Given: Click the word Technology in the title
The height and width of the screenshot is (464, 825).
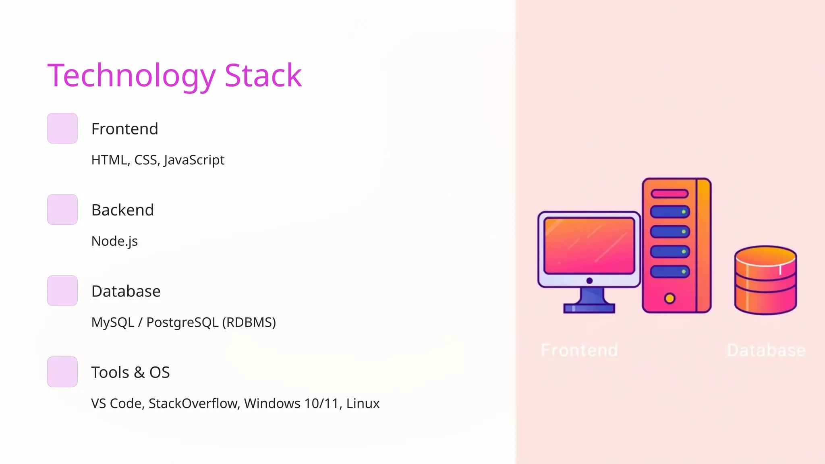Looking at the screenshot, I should coord(131,76).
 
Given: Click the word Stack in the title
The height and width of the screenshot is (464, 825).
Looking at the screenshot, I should coord(263,76).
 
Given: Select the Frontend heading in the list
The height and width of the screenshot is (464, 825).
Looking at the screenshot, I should coord(124,129).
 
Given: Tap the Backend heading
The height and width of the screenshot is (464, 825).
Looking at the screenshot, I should coord(122,210).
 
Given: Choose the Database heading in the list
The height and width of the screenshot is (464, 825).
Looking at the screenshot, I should coord(126,291).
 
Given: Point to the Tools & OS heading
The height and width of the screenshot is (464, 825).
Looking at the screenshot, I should coord(130,373).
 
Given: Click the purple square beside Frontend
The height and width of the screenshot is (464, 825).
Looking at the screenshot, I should coord(62,128).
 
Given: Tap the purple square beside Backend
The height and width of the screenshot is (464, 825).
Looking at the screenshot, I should coord(62,209).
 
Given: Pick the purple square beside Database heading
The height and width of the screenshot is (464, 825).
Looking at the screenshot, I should coord(62,291).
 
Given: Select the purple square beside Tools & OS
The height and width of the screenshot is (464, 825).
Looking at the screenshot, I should coord(62,372).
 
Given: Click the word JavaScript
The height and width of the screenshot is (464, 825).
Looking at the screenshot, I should coord(194,160).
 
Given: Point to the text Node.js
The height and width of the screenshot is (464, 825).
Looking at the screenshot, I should coord(114,241).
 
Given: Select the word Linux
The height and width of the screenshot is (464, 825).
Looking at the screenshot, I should coord(363,404).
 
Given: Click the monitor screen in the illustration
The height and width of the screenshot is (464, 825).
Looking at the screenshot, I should coord(589,246).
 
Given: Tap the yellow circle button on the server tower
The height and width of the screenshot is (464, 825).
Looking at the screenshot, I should coord(670,298).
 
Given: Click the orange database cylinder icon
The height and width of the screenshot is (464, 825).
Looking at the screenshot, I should coord(765,280).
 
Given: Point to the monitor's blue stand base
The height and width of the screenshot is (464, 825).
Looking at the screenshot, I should coord(589,309).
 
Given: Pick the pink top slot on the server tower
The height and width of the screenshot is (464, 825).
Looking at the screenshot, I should coord(670,194).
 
